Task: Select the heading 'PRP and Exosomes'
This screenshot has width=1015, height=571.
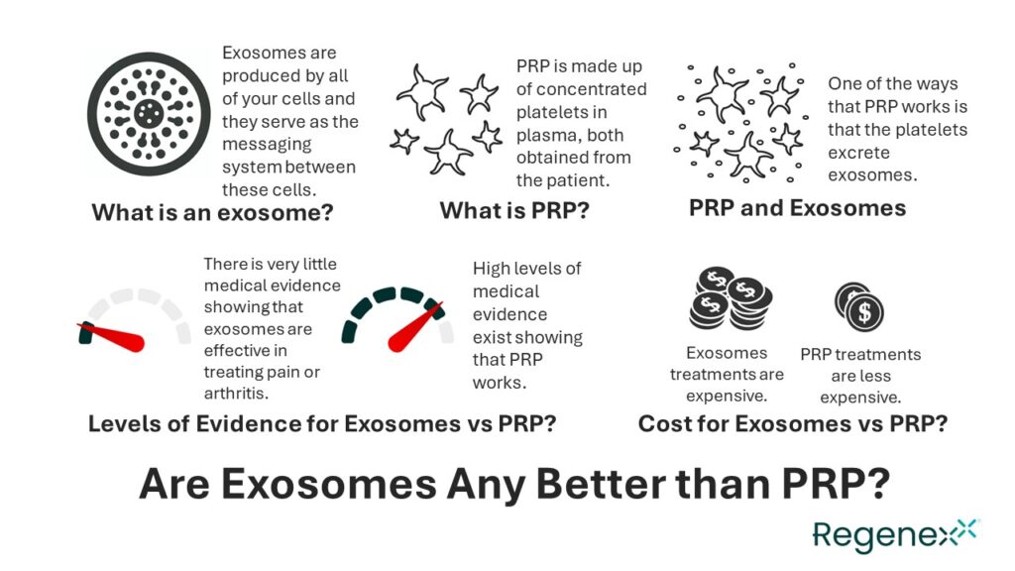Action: [x=797, y=207]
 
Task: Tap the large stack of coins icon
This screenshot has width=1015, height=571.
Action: [x=730, y=297]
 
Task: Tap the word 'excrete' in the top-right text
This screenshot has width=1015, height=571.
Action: [x=859, y=153]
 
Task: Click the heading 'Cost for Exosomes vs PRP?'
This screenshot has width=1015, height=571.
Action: [x=792, y=423]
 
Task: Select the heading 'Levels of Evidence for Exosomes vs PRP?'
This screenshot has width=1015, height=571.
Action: [x=321, y=423]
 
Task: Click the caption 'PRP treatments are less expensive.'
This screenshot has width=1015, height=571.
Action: [x=860, y=376]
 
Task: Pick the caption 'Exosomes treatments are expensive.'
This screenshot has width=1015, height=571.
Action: [x=727, y=374]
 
